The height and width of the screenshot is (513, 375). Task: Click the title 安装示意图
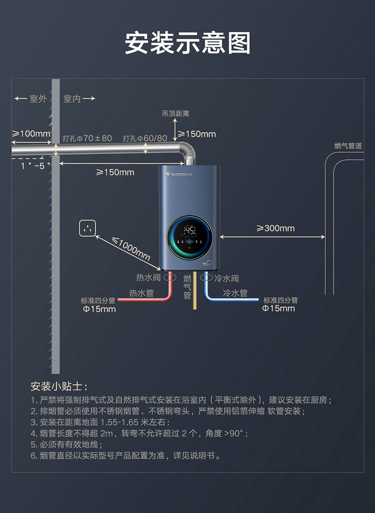coord(187,43)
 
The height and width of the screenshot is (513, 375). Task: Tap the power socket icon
coord(87,228)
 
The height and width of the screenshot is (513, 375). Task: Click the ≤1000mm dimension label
coord(131,249)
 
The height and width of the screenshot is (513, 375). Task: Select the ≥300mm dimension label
coord(276,228)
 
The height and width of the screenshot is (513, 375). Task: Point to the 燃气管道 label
coord(348,146)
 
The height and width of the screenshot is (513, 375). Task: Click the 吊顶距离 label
coord(176,114)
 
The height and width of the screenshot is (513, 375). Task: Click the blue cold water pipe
coord(233,300)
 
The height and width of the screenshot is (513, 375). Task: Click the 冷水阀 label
coord(226,278)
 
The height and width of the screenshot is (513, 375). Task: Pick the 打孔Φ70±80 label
coord(87,138)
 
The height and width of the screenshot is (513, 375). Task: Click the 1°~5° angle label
coord(35,165)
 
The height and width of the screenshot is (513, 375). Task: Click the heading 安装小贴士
coord(59,385)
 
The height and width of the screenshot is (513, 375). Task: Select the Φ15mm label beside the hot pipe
coord(99,309)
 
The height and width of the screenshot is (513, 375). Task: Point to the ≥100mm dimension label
coord(31,134)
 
